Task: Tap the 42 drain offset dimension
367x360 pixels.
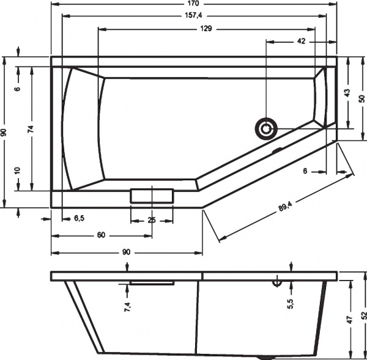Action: coord(300,41)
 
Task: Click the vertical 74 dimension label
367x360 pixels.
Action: coord(30,129)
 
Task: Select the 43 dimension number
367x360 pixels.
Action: coord(346,93)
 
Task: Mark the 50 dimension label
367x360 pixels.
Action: coord(361,98)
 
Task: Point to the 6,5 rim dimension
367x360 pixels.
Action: coord(80,218)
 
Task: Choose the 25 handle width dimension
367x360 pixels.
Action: coord(152,220)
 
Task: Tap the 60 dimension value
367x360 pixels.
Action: coord(101,235)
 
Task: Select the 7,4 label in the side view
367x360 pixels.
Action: coord(127,307)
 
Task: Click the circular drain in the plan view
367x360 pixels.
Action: coord(266,128)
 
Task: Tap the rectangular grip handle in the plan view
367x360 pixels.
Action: coord(152,196)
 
